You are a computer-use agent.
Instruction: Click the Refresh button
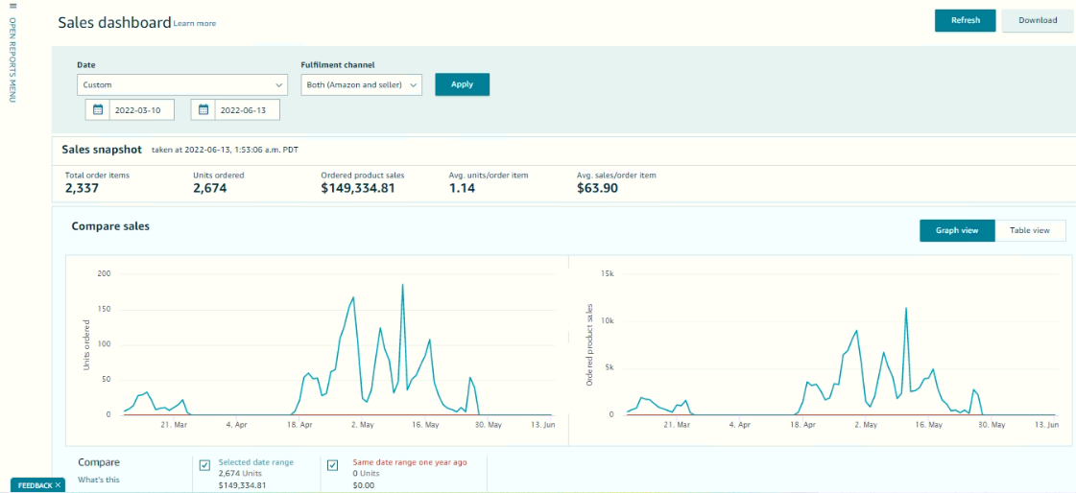965,20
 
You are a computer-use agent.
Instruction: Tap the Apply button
462,84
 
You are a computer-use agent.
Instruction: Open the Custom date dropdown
181,85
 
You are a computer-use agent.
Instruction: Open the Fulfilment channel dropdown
361,85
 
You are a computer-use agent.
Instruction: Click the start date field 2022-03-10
141,109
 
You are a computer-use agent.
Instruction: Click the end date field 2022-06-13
247,109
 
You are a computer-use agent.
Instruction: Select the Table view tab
1029,230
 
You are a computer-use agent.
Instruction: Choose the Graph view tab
957,230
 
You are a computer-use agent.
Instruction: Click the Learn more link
195,23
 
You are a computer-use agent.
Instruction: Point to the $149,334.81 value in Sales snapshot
357,188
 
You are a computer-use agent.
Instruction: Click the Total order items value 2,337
83,188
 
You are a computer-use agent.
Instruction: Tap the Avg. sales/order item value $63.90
598,188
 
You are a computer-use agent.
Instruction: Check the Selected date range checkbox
204,465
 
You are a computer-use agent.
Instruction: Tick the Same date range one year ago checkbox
333,465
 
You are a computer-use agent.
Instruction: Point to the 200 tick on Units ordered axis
105,273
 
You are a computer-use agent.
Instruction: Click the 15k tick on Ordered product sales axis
606,273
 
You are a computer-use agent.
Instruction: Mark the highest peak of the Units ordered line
402,284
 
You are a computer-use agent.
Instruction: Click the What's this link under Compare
98,480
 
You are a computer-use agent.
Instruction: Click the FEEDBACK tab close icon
59,484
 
